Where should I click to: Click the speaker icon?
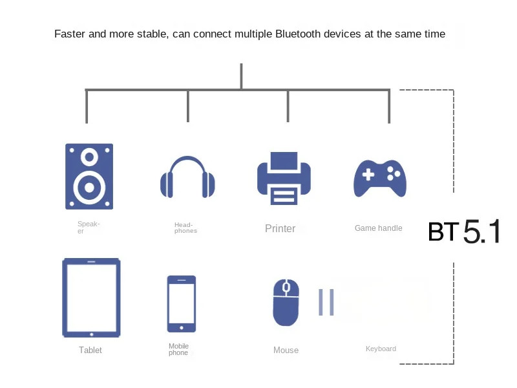(89, 176)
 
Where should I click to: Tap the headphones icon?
(187, 177)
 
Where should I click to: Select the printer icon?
(284, 178)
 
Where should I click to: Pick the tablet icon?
(91, 297)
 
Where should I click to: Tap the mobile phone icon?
(182, 303)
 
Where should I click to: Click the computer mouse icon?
(286, 302)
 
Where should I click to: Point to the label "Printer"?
(280, 228)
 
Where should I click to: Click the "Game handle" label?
(378, 228)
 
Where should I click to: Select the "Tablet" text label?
(90, 350)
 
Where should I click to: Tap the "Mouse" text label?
(286, 350)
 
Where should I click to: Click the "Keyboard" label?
(381, 349)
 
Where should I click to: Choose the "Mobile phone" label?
(178, 349)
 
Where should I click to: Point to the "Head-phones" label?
(185, 228)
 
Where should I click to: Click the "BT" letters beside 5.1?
(443, 232)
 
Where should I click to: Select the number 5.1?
(482, 232)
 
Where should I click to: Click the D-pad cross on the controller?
(368, 174)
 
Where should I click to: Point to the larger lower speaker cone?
(89, 188)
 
